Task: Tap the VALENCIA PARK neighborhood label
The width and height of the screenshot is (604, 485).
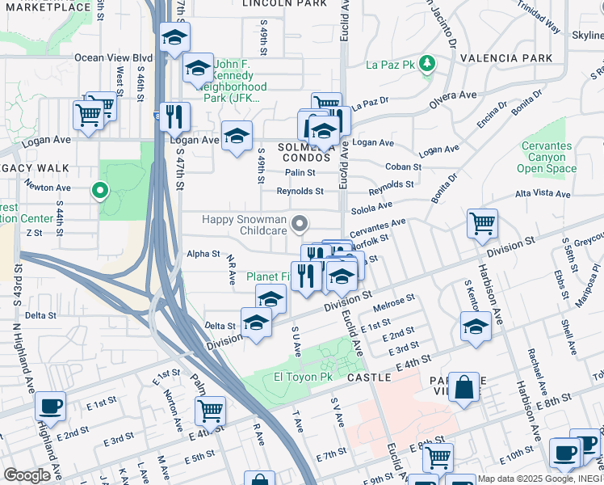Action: [506, 58]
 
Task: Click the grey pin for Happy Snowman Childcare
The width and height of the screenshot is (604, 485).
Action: [300, 223]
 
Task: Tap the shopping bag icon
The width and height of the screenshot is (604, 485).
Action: [464, 388]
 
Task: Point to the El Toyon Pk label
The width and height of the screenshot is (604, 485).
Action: [303, 377]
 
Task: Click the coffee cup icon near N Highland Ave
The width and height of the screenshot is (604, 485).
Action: [51, 406]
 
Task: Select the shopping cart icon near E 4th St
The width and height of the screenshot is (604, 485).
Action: [210, 411]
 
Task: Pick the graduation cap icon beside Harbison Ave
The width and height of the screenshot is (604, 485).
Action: [476, 327]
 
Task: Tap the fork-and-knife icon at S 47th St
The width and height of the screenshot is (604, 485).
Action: [174, 116]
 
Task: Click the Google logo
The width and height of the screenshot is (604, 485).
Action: [27, 475]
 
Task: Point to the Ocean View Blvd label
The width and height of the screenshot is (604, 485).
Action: [113, 57]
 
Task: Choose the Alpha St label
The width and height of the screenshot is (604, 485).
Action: [203, 254]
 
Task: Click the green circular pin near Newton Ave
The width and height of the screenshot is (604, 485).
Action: [100, 191]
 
